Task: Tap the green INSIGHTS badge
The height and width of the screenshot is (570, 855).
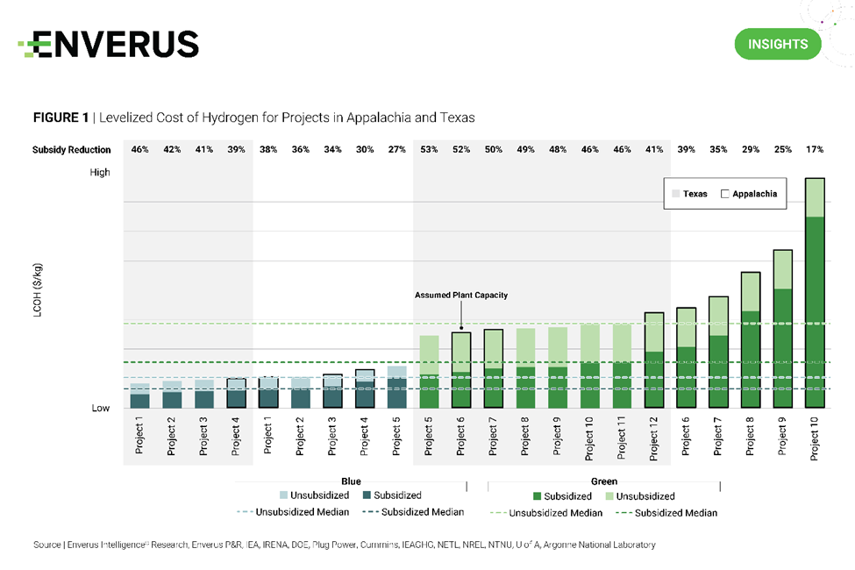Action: [x=777, y=44]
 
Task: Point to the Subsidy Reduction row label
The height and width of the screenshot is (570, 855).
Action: [x=72, y=150]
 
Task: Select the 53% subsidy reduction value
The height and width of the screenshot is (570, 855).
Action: [x=429, y=150]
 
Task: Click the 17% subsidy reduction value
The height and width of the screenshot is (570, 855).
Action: [x=815, y=150]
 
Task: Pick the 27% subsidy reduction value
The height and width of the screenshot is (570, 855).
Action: [x=396, y=150]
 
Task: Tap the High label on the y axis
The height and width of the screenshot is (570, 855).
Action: [x=100, y=173]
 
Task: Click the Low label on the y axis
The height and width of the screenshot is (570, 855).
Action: [x=100, y=409]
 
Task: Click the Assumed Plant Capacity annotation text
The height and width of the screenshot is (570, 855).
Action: [x=460, y=296]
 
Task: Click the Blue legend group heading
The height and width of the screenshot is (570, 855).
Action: [x=351, y=481]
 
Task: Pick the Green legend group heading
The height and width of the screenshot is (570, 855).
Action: [x=604, y=481]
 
